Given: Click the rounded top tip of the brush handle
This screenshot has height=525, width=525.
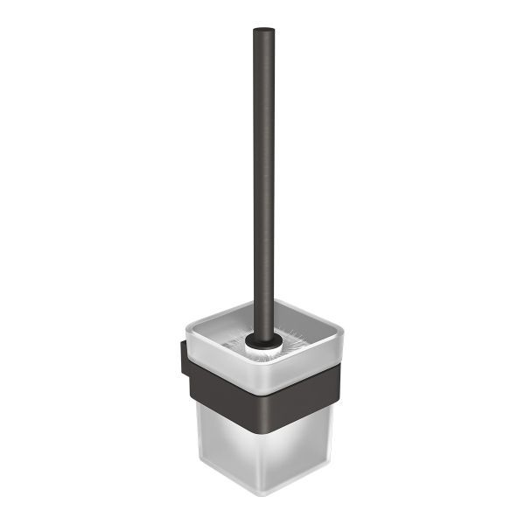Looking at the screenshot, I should click(263, 31).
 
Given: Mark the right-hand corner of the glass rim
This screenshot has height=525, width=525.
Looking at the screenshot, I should click(341, 330).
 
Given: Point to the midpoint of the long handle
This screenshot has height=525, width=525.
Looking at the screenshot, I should click(263, 184).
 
